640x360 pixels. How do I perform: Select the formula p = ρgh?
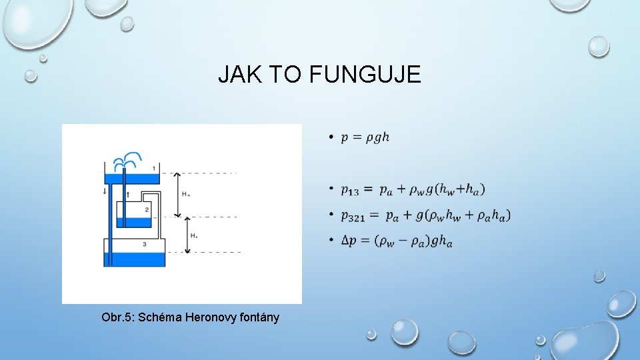(365, 137)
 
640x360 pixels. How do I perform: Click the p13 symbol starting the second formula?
(349, 191)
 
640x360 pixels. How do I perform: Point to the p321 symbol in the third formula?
(353, 216)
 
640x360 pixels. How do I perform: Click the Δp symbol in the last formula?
(348, 240)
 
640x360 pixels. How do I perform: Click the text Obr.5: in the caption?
(117, 317)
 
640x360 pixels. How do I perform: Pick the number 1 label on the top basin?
(154, 168)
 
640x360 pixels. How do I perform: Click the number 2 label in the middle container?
(147, 210)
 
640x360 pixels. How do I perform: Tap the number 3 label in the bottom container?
(145, 245)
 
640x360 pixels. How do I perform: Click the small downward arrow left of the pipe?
(105, 191)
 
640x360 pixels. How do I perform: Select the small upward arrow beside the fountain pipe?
(128, 194)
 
